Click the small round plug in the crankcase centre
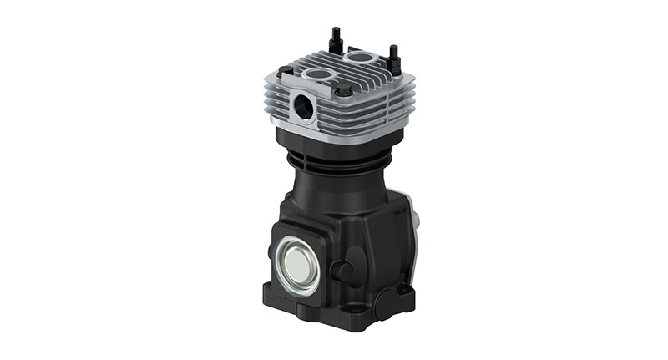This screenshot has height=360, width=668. click(341, 269)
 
